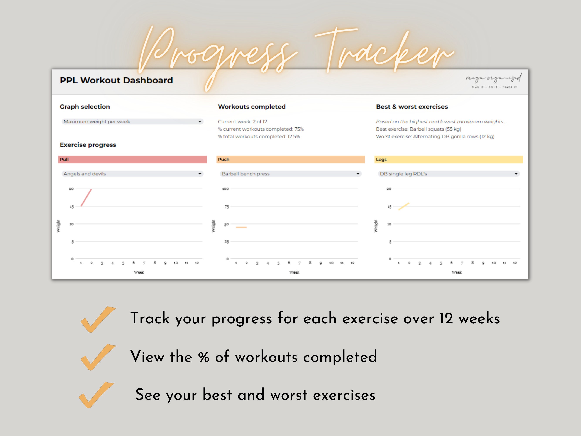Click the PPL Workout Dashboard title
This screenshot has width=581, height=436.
[x=116, y=80]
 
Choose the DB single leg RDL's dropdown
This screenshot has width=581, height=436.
[x=449, y=174]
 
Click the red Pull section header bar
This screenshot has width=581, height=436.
[x=132, y=160]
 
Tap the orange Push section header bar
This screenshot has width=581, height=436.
[x=291, y=160]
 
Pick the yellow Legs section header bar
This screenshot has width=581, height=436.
[x=449, y=160]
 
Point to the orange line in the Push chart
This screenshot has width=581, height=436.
[x=241, y=227]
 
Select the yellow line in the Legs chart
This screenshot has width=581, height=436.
[x=404, y=206]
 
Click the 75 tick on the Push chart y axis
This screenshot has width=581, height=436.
[x=226, y=207]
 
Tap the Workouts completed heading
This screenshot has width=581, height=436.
[x=252, y=107]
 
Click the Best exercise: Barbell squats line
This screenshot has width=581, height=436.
[x=418, y=129]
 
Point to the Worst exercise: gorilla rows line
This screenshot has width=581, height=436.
[x=435, y=137]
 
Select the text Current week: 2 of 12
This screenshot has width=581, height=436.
[x=242, y=122]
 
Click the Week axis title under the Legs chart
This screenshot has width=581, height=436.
[x=457, y=272]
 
